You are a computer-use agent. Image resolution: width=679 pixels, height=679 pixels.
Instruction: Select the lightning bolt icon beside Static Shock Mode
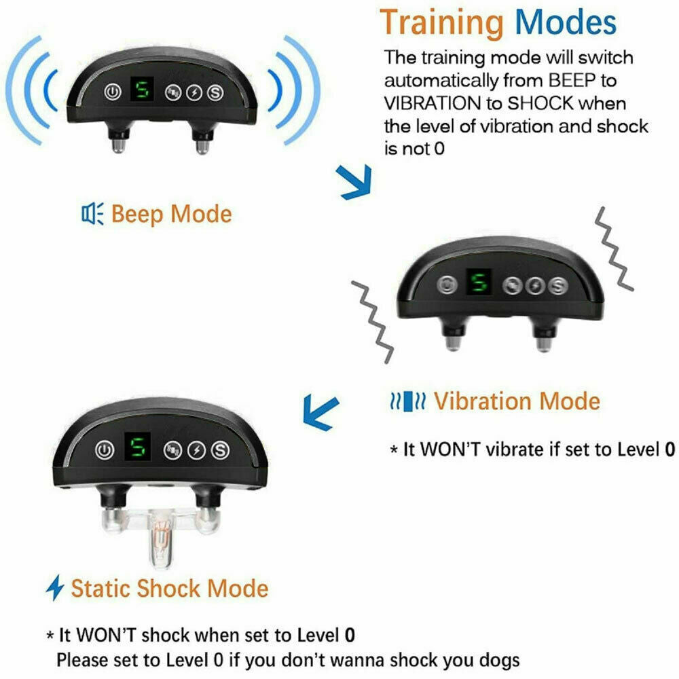point(54,587)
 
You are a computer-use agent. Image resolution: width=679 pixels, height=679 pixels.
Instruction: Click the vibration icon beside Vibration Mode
point(407,401)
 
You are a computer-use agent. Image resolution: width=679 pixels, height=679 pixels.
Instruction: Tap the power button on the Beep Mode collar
point(111,92)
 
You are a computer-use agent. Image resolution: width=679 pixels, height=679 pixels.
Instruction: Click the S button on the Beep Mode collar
point(216,92)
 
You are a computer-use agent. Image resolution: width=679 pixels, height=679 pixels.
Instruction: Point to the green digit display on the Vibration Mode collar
point(480,282)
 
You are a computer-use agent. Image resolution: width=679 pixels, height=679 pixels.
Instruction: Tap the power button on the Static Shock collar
point(104,449)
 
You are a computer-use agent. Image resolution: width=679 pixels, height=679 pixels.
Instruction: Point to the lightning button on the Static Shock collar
point(197,449)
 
